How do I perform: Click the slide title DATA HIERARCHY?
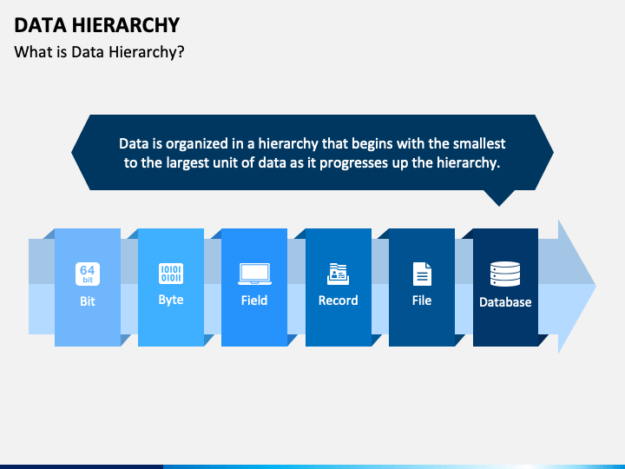96,24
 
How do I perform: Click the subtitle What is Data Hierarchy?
99,52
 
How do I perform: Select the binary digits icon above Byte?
171,274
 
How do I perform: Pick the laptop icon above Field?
254,274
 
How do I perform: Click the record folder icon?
338,274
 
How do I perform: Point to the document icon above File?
422,274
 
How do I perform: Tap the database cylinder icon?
505,274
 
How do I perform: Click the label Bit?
87,301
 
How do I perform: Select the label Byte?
171,300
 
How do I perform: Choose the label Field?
254,301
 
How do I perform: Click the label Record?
338,301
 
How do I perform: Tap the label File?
422,301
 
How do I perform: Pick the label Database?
505,302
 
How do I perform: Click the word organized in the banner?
195,143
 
